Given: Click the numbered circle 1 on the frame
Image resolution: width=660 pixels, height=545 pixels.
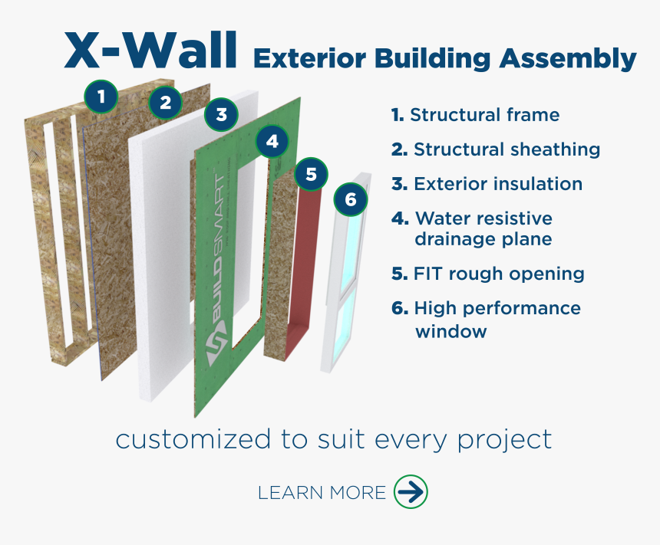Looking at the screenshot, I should click(101, 97).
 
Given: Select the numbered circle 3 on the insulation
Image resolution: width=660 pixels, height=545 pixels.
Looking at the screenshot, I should click(221, 116).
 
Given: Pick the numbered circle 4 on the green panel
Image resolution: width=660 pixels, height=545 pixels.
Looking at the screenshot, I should click(272, 141).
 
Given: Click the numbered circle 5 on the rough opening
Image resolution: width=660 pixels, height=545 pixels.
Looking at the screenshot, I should click(311, 175).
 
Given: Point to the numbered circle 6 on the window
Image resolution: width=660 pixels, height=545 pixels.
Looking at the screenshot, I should click(351, 200).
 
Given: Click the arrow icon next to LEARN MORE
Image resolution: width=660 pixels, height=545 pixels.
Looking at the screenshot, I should click(411, 492).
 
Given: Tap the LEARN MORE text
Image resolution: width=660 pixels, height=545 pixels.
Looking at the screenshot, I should click(322, 493).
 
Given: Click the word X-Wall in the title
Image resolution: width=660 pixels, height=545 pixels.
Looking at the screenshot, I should click(150, 51).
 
